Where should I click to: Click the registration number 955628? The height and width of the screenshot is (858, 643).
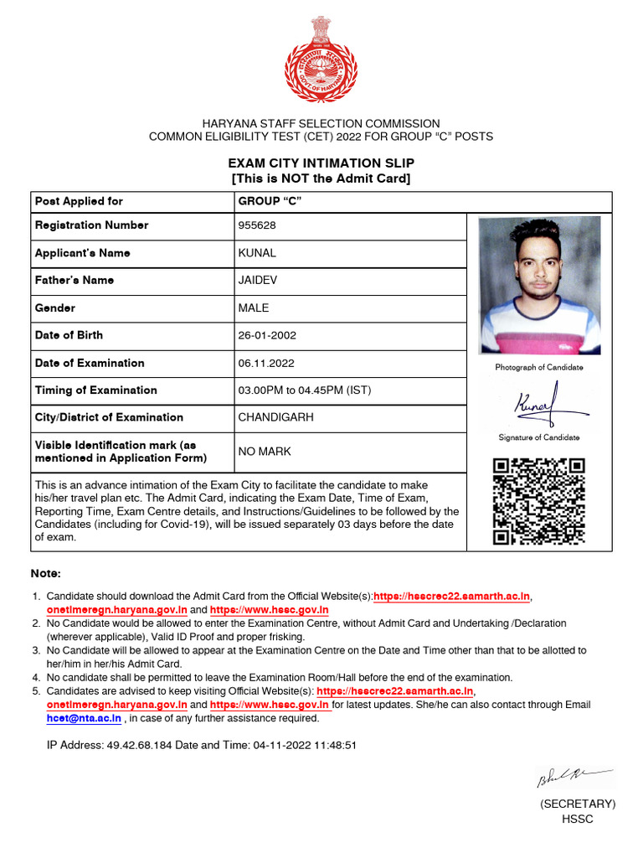pyautogui.click(x=257, y=225)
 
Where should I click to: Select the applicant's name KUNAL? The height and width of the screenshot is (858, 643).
pyautogui.click(x=257, y=253)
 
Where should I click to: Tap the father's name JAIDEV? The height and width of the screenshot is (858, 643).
pyautogui.click(x=260, y=280)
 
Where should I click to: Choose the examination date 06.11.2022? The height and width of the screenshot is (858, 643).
pyautogui.click(x=265, y=363)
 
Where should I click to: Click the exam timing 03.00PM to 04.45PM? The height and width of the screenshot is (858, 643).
pyautogui.click(x=304, y=390)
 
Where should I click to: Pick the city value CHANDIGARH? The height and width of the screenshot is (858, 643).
pyautogui.click(x=275, y=417)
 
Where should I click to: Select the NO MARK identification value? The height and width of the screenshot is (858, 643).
pyautogui.click(x=265, y=452)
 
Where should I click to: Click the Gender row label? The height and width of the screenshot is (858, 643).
pyautogui.click(x=55, y=308)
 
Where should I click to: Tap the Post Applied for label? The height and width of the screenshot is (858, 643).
pyautogui.click(x=79, y=201)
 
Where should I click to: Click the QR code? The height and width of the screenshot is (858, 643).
pyautogui.click(x=538, y=502)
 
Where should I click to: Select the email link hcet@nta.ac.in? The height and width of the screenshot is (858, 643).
pyautogui.click(x=84, y=718)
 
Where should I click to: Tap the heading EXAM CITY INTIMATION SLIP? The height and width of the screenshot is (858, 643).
pyautogui.click(x=321, y=163)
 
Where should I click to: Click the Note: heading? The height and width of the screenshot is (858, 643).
pyautogui.click(x=46, y=574)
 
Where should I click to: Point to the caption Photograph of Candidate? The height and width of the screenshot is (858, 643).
pyautogui.click(x=539, y=368)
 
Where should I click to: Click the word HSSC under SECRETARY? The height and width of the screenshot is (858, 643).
pyautogui.click(x=577, y=819)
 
